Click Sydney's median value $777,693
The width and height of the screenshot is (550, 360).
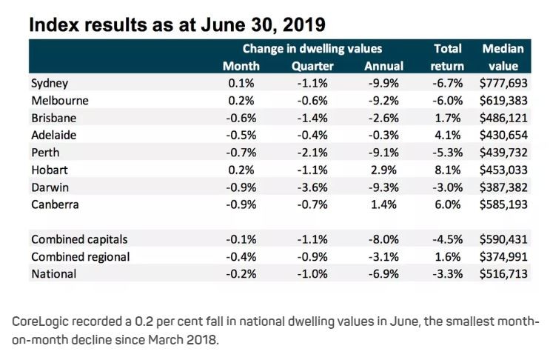[x=503, y=84]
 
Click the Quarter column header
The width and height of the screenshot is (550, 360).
[x=312, y=66]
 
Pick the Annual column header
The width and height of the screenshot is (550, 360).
[x=383, y=66]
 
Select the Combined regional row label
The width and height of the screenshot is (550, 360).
[x=81, y=256]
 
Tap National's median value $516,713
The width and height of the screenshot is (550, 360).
[x=503, y=274]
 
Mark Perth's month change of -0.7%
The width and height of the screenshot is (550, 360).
[x=241, y=152]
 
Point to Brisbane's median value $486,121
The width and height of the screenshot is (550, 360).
[x=503, y=118]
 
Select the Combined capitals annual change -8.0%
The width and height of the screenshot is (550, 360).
[x=384, y=239]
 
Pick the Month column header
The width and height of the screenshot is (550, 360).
[x=241, y=66]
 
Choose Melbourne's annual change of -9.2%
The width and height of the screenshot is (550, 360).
[x=384, y=101]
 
